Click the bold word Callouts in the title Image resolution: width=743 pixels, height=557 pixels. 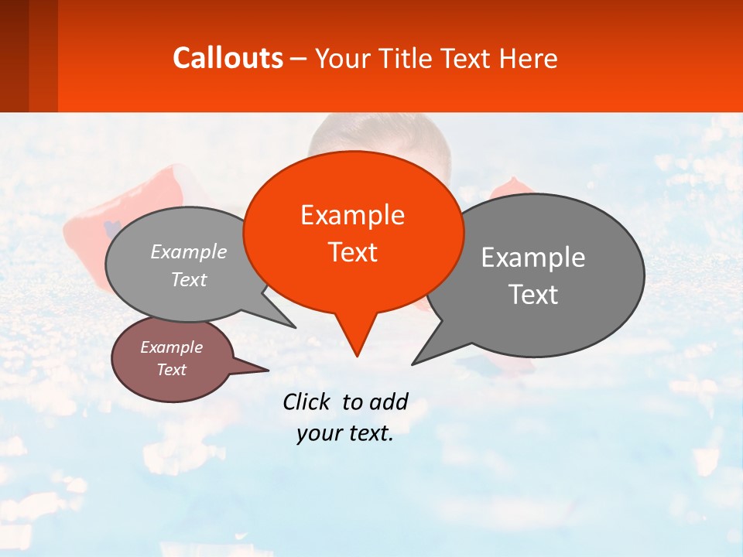[x=228, y=58]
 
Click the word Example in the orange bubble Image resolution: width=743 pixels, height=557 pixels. [x=352, y=215]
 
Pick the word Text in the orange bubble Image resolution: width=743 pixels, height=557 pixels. [x=352, y=252]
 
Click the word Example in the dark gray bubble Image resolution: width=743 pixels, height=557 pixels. [x=532, y=258]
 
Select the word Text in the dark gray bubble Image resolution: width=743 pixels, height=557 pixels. [x=532, y=295]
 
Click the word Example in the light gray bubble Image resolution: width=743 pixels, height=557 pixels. [x=188, y=251]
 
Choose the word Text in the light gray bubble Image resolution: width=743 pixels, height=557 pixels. [x=188, y=279]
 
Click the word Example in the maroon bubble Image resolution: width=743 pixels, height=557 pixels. [x=171, y=347]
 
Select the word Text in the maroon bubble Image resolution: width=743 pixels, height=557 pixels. [x=171, y=370]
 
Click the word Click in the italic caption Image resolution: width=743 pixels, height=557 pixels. [x=306, y=402]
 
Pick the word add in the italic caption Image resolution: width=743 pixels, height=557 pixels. [x=388, y=402]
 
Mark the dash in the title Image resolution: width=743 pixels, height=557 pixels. [x=299, y=59]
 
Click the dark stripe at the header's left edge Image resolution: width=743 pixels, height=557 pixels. [x=14, y=56]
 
